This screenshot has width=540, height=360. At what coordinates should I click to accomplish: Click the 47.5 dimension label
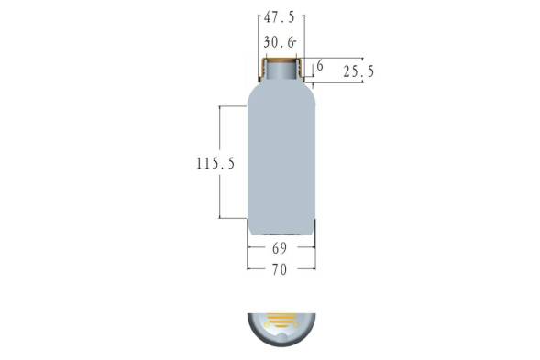click(280, 16)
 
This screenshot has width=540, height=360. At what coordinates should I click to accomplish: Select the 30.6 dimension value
click(279, 42)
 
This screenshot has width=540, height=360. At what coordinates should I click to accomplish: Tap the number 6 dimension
click(320, 65)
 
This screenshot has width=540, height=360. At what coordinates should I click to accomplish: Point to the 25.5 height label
click(358, 72)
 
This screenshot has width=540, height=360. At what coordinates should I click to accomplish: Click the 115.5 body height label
click(215, 163)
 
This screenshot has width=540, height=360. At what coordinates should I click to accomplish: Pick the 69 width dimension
click(280, 248)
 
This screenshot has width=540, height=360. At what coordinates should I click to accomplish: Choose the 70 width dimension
click(280, 269)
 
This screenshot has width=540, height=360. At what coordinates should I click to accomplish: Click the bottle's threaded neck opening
click(281, 70)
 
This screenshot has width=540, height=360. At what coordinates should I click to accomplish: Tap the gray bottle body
click(281, 158)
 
